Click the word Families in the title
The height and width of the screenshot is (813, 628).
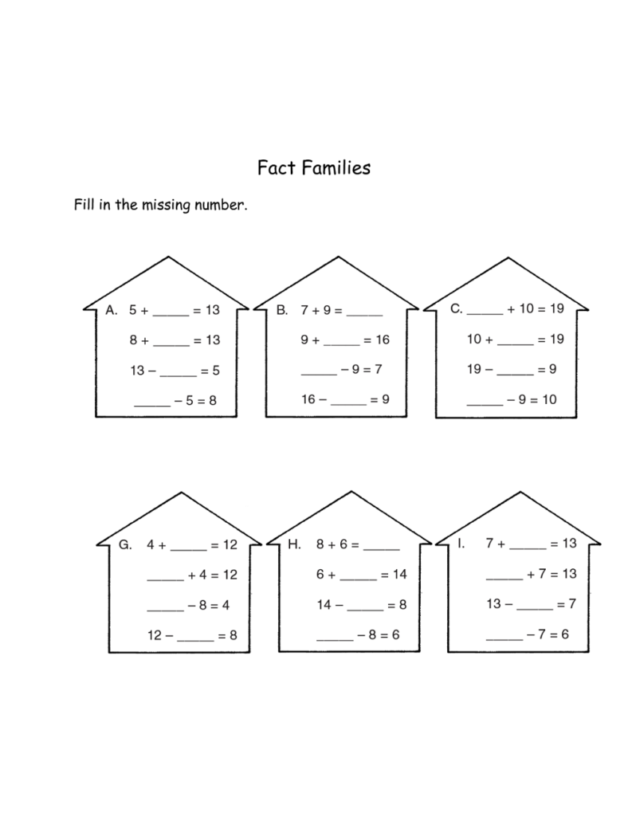click(336, 167)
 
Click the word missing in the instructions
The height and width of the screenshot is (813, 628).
click(167, 206)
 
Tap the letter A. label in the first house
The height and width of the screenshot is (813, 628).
click(112, 310)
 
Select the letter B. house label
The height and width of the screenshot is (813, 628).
click(282, 310)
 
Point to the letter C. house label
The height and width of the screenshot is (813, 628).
click(457, 308)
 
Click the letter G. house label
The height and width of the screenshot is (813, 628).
click(125, 544)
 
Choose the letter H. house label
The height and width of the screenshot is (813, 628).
click(295, 544)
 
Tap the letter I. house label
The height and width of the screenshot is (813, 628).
click(461, 543)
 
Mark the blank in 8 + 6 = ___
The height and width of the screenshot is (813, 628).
click(382, 549)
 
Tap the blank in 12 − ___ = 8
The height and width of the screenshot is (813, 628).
click(195, 640)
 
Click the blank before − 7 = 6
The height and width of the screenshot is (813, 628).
click(504, 639)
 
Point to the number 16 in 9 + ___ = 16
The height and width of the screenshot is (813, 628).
click(383, 340)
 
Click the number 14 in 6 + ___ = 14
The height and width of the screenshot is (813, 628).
click(400, 574)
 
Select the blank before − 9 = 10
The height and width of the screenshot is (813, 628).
click(485, 404)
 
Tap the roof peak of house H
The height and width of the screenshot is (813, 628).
click(351, 492)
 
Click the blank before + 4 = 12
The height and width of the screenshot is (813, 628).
click(166, 579)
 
